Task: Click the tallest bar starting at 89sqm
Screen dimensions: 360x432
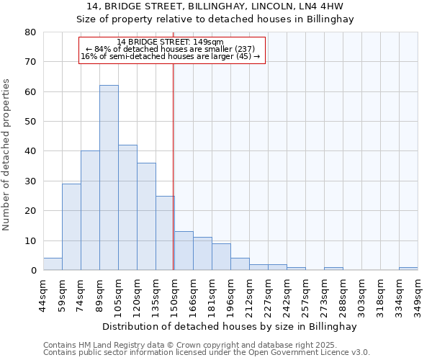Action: (109, 178)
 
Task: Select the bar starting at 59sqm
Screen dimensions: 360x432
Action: (71, 227)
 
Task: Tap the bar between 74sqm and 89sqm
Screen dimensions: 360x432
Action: (90, 210)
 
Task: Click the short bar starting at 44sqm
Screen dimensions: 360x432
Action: (53, 264)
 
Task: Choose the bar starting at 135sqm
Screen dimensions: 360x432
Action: (165, 233)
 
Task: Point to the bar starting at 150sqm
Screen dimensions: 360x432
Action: (184, 251)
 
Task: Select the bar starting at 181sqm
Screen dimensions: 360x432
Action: (221, 257)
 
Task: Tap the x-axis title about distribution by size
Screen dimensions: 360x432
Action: (228, 326)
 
